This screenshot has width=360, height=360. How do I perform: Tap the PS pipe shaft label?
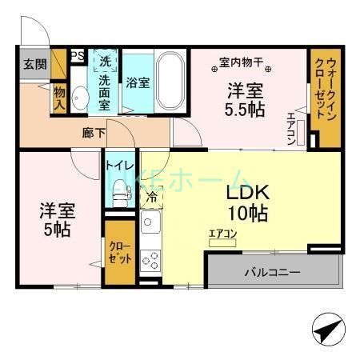coord(78,56)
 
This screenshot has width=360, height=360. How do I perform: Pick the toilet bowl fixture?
coord(120,192)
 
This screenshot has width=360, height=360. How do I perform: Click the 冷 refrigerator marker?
coord(151,194)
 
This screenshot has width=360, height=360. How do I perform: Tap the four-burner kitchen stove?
coord(150,259)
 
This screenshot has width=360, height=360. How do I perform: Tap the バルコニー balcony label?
coord(272,273)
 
